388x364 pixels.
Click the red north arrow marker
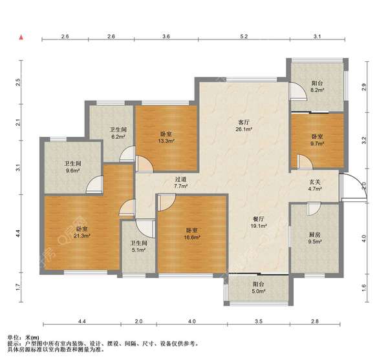tap(21, 37)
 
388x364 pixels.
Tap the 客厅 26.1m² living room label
tap(244, 125)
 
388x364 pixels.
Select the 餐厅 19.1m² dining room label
tap(259, 222)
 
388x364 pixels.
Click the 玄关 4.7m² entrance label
tap(315, 185)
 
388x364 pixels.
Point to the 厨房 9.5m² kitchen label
tap(314, 238)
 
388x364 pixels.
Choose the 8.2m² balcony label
tap(318, 86)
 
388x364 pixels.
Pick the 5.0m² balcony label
tap(259, 288)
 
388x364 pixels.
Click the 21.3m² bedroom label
tap(81, 232)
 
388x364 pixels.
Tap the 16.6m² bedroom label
tap(192, 234)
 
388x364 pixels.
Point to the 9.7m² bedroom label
tap(318, 140)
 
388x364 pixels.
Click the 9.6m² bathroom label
tap(72, 167)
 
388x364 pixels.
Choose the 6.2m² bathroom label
tap(118, 133)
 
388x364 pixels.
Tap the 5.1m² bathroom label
tap(138, 247)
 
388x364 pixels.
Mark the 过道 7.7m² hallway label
tap(180, 183)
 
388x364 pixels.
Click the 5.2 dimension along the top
tap(244, 37)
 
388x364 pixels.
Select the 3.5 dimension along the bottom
tap(259, 321)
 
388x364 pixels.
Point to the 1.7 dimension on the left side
tap(17, 287)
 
